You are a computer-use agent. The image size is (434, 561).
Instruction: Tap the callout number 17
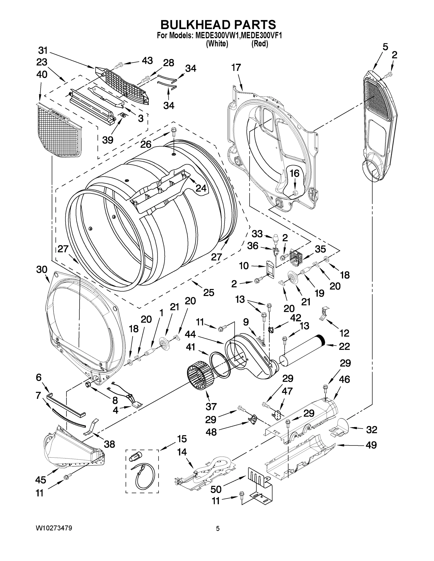coord(236,68)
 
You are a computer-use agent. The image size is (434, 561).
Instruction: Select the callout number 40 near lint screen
coord(42,75)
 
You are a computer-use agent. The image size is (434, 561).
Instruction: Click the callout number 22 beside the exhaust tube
coord(344,346)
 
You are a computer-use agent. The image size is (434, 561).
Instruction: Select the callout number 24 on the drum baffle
coord(201,188)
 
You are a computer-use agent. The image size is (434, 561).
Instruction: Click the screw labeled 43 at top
coord(118,66)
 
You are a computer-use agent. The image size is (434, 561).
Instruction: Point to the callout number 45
coord(41,480)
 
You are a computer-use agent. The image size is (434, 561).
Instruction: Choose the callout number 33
coord(257,234)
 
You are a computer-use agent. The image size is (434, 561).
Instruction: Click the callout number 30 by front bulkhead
coord(42,270)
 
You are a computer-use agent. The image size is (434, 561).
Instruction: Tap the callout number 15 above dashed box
coord(182,439)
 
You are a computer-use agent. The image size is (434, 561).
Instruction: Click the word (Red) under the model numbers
coord(260,44)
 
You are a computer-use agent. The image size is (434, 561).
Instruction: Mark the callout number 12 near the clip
coord(344,333)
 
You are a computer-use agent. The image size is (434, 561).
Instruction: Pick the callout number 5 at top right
coord(385,47)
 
